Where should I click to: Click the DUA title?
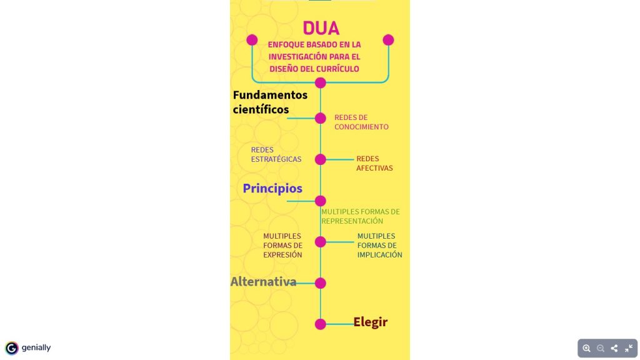point(321,28)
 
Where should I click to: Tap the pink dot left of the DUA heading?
point(252,40)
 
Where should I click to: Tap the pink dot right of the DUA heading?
point(388,40)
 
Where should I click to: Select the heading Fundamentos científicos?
point(270,102)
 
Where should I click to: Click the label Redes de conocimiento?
point(361,122)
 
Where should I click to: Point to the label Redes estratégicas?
point(276,154)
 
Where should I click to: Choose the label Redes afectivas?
point(374,163)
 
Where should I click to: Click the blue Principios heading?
point(272,188)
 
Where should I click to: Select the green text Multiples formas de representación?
point(361,216)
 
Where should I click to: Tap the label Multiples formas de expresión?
point(283,245)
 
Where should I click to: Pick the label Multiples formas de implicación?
point(379,245)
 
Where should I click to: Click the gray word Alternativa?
point(263,282)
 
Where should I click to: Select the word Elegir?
point(370,322)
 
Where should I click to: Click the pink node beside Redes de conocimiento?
point(321,118)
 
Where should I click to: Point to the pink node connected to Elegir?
point(321,324)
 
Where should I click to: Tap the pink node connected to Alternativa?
point(321,283)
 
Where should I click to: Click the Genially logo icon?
point(12,348)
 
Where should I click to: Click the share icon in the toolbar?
point(614,348)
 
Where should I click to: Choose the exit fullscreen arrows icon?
point(629,348)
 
